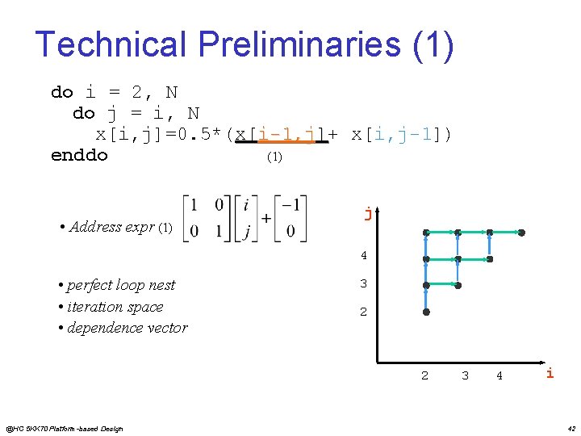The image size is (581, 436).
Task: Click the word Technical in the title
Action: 104,44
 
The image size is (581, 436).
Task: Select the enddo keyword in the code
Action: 79,155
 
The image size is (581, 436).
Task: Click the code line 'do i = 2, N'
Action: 114,92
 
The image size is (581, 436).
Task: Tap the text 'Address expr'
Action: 113,227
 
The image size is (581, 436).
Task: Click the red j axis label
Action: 368,214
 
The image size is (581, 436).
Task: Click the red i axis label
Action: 550,372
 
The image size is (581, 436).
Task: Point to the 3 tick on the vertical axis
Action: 363,284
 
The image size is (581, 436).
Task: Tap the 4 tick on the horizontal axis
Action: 499,375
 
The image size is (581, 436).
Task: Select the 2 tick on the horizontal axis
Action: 425,375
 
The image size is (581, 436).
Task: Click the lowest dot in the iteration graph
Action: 426,312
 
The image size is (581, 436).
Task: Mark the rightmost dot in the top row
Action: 521,233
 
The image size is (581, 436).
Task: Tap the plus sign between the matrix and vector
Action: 265,219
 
